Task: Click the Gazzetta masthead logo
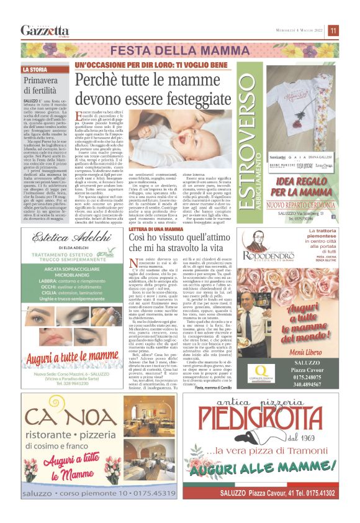(44, 30)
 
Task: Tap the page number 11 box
(333, 30)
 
